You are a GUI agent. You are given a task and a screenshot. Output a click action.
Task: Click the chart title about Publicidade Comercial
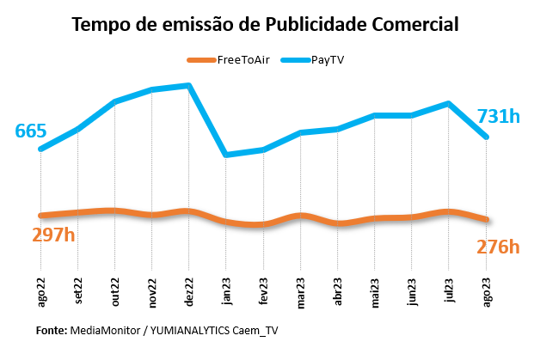(266, 24)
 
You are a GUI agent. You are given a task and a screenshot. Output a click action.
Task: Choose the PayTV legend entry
(328, 59)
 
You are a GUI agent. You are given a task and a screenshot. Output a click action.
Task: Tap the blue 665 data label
(31, 131)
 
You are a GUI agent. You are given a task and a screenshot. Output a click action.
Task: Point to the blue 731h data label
(498, 116)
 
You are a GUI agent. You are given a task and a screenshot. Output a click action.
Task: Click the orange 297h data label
(54, 234)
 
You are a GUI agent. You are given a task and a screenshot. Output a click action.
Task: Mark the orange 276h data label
(498, 247)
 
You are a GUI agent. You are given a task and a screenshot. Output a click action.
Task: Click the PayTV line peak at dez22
(188, 86)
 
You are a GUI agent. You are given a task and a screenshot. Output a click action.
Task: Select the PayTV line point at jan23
(225, 155)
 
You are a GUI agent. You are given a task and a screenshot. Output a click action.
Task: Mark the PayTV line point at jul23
(449, 104)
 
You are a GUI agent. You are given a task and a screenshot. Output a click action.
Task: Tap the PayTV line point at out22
(114, 102)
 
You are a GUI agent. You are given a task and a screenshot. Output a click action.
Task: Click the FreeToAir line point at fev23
(262, 224)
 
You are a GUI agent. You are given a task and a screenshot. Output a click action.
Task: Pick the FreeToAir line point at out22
(114, 211)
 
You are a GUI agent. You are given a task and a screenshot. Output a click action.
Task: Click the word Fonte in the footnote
(51, 330)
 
